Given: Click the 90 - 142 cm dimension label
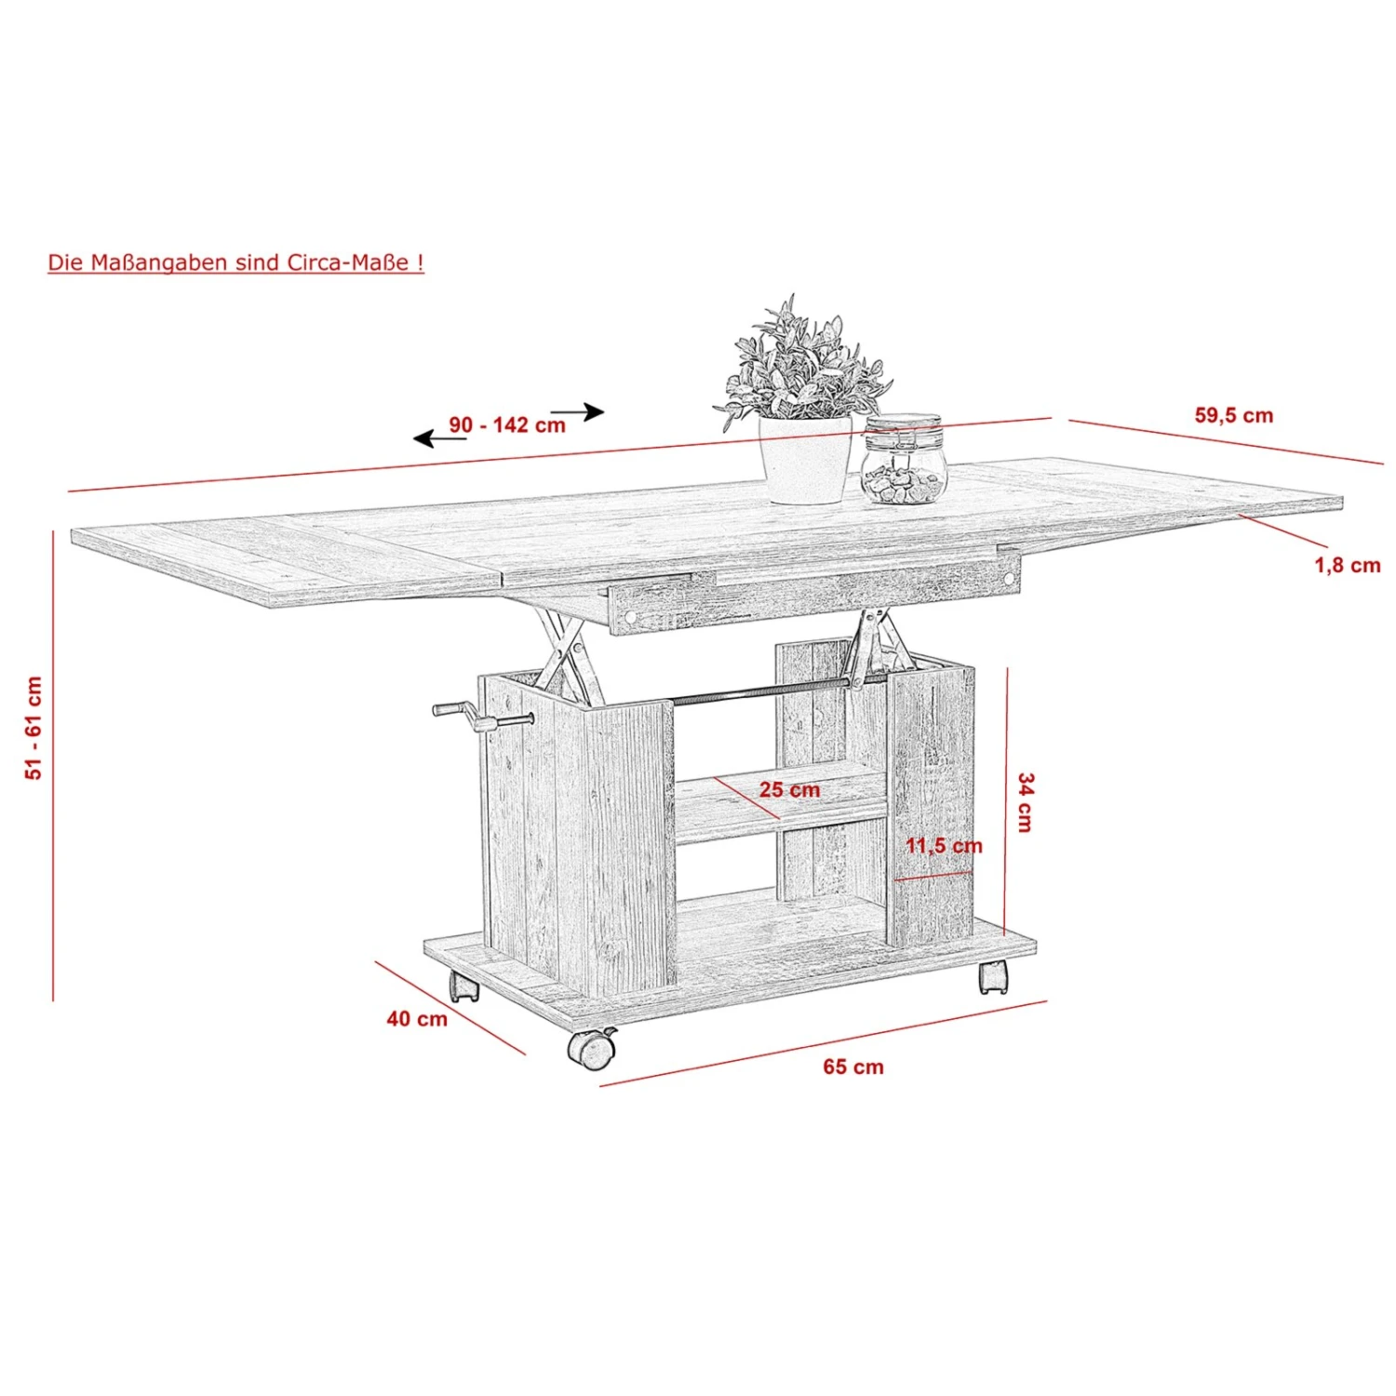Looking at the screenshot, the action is [x=507, y=425].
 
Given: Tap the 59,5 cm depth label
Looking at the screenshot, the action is [x=1234, y=416].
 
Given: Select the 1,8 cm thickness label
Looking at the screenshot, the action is [x=1348, y=565].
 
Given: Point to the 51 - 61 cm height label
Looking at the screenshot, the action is [x=34, y=728].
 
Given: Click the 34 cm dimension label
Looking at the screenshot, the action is [x=1026, y=802].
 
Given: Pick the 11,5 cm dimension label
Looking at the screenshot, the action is [x=945, y=846].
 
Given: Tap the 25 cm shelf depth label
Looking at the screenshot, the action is [x=790, y=790].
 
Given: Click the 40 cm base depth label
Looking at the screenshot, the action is [x=417, y=1019].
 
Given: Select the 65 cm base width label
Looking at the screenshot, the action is [x=853, y=1067].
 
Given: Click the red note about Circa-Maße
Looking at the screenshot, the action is [x=235, y=262].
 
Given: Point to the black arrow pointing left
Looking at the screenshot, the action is [x=440, y=438].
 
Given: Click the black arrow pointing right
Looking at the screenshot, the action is [x=578, y=411].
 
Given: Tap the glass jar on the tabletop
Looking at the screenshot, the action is [x=903, y=460].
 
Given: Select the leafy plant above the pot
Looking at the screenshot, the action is [x=802, y=363].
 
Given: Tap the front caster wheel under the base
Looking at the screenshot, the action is [x=592, y=1048].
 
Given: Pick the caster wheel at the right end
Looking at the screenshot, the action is [x=993, y=976].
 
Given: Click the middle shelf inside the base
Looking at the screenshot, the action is [x=780, y=805].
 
